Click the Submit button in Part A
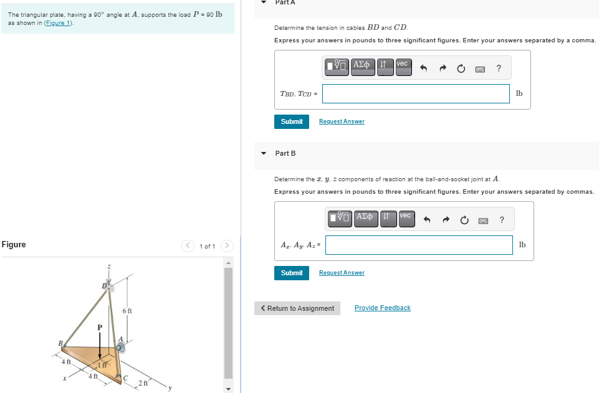pyautogui.click(x=291, y=121)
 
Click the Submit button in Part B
pyautogui.click(x=291, y=273)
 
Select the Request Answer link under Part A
pyautogui.click(x=342, y=121)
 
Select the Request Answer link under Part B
pyautogui.click(x=342, y=273)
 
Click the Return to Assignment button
pyautogui.click(x=297, y=308)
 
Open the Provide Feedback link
pyautogui.click(x=382, y=308)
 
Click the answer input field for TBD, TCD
pyautogui.click(x=416, y=93)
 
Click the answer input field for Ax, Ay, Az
pyautogui.click(x=418, y=245)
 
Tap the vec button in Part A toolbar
pyautogui.click(x=402, y=65)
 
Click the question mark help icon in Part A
pyautogui.click(x=499, y=69)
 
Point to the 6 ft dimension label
pyautogui.click(x=127, y=310)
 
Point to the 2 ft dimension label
pyautogui.click(x=143, y=383)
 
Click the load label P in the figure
pyautogui.click(x=98, y=326)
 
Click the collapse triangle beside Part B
pyautogui.click(x=264, y=153)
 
